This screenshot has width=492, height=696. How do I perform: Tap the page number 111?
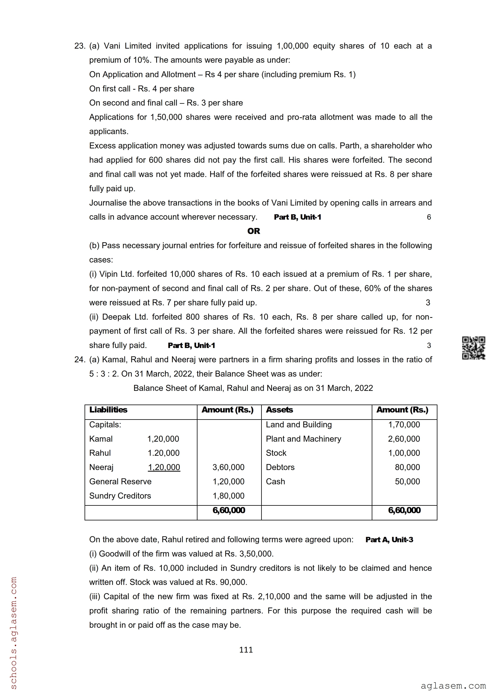tap(246, 650)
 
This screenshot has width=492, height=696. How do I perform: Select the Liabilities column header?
tap(108, 410)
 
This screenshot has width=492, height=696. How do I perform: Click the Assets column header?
tap(279, 410)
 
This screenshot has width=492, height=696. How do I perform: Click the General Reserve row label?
tap(120, 481)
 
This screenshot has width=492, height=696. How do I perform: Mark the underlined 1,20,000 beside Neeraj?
tap(164, 467)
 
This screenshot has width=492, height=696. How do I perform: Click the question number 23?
tap(80, 46)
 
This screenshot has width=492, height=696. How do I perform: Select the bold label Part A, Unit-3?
tap(389, 540)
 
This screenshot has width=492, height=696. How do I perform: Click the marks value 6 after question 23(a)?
tap(429, 217)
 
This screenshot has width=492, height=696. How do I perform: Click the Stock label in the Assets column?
tap(276, 453)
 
